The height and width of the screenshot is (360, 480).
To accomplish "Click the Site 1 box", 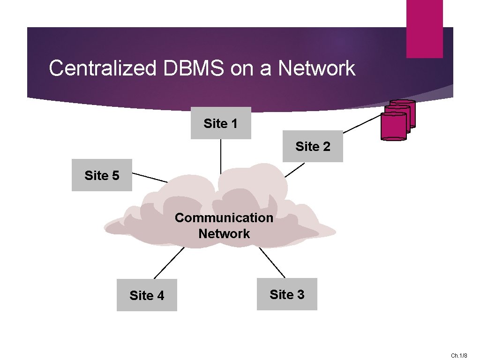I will click(221, 123).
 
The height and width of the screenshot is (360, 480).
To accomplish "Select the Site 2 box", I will click(313, 146).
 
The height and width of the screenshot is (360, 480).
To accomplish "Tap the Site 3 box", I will click(287, 294).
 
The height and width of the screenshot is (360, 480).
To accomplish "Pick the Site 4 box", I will click(147, 295).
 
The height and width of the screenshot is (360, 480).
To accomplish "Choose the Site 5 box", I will click(102, 175).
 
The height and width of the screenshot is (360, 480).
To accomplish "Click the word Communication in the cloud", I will click(224, 217).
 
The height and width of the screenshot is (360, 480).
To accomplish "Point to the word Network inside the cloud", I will click(224, 233).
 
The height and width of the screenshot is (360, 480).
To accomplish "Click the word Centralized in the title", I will click(102, 68).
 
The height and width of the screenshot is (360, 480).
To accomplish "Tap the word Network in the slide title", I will click(317, 68).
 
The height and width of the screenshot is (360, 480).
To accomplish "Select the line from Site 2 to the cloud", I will click(295, 170).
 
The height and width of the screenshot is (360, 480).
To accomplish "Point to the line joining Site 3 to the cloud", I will click(272, 262).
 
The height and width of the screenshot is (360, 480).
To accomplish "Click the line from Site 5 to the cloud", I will click(150, 178).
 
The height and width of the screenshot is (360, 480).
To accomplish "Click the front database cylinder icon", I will click(394, 127).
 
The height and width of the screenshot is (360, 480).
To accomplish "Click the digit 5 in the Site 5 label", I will click(116, 176).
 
